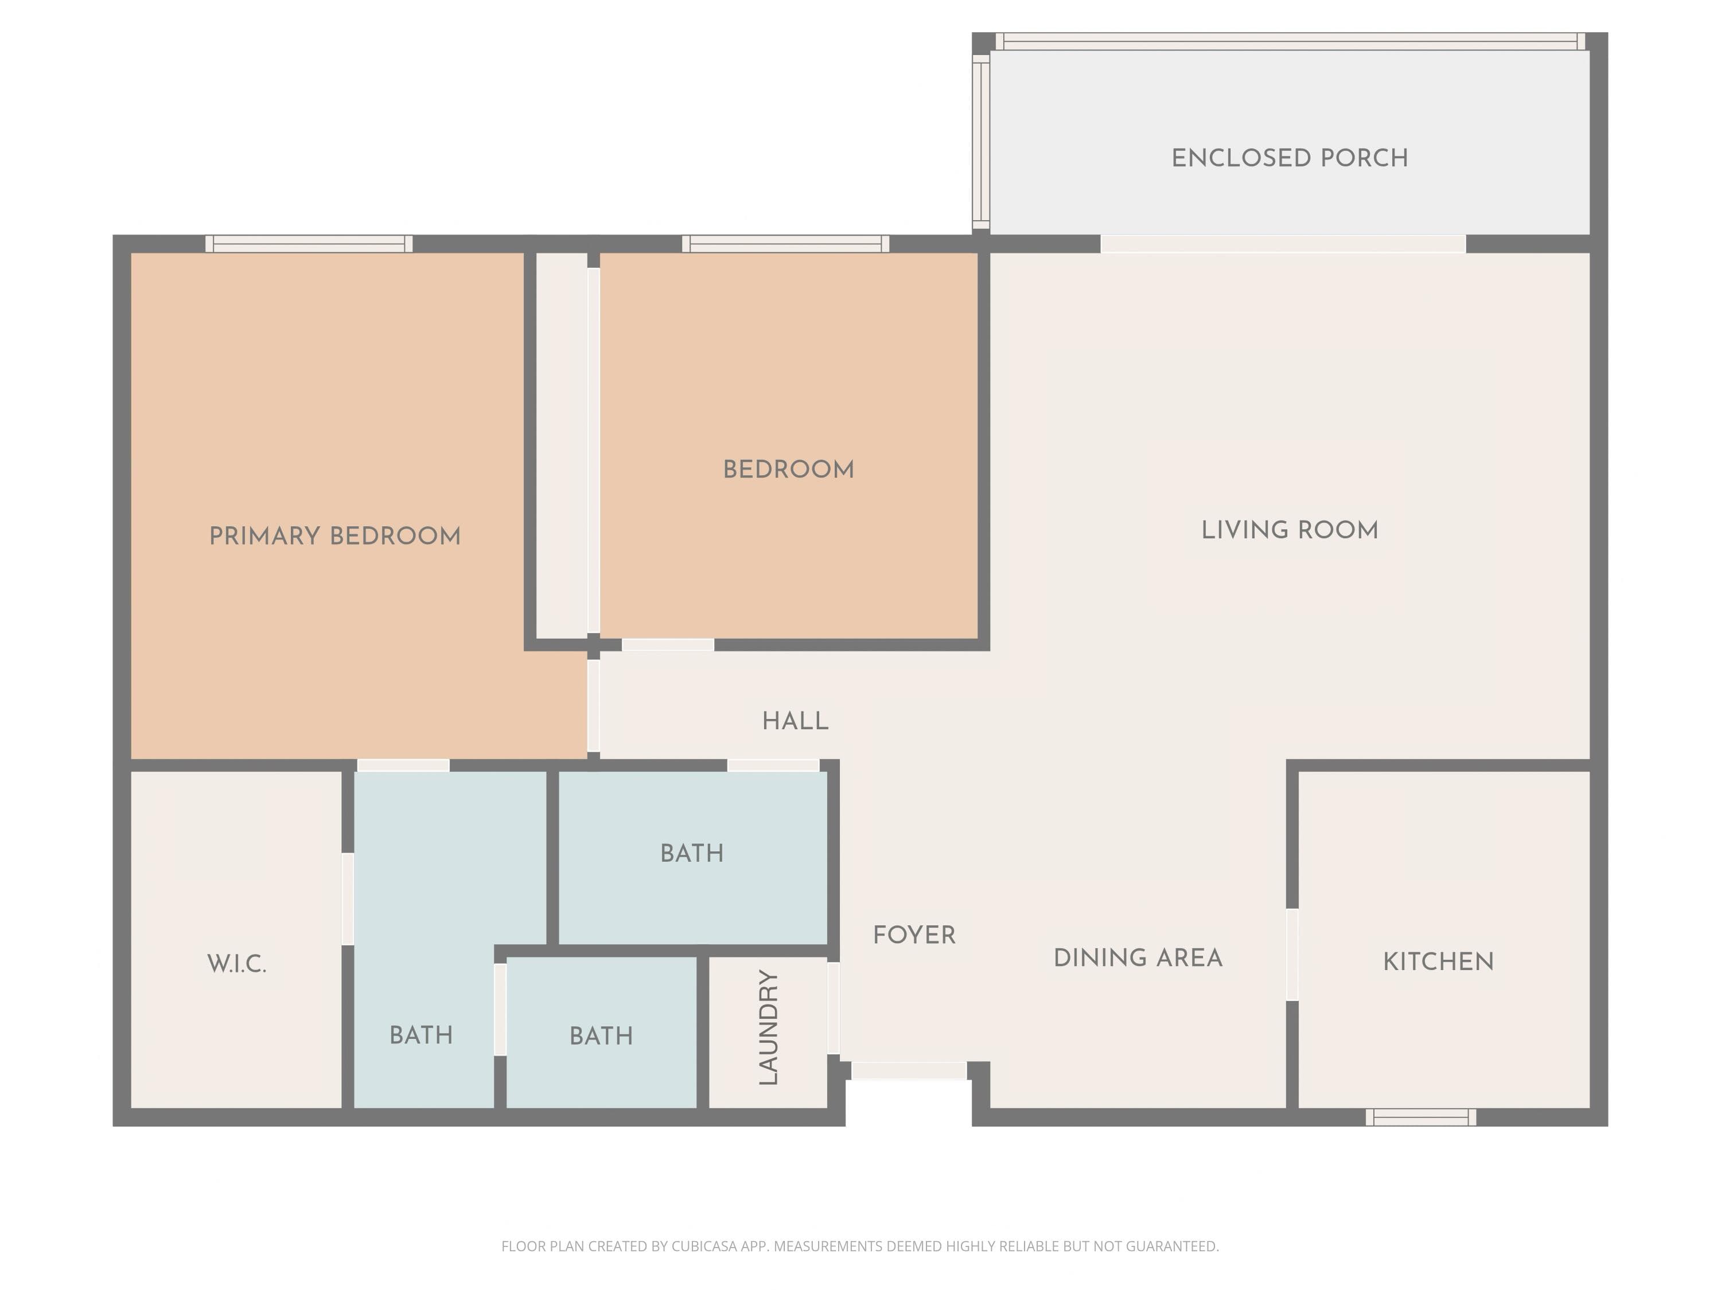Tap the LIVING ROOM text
tap(1289, 530)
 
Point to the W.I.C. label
tap(236, 964)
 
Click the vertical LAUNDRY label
tap(769, 1027)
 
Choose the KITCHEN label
tap(1438, 962)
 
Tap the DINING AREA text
tap(1138, 958)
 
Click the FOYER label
tap(914, 936)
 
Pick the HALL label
tap(795, 722)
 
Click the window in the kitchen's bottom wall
tap(1420, 1117)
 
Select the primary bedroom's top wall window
tap(309, 244)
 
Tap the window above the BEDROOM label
tap(786, 244)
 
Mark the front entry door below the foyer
tap(909, 1071)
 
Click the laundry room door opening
tap(834, 1008)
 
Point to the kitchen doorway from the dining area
tap(1292, 955)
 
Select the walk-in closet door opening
tap(348, 899)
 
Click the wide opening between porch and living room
tap(1283, 244)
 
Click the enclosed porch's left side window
tap(981, 142)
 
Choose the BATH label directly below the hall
tap(692, 854)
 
